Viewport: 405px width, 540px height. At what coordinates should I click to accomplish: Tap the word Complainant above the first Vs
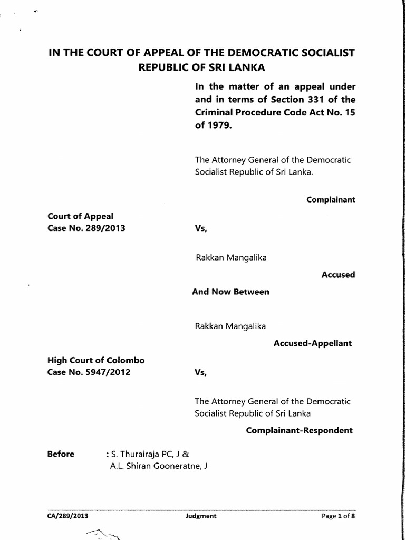click(331, 200)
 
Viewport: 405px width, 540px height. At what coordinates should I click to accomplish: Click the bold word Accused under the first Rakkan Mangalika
click(338, 275)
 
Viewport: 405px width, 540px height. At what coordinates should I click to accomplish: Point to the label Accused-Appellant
click(313, 343)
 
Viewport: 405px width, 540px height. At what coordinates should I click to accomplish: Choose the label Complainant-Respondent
click(299, 430)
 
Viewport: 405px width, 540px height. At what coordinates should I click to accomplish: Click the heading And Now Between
click(230, 292)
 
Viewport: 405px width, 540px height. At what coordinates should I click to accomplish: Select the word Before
click(61, 454)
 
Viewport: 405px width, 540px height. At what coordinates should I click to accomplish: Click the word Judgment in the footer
click(201, 516)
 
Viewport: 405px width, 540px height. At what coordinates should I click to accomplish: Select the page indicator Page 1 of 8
click(339, 516)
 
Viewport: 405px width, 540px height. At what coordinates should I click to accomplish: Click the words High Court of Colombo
click(96, 361)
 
